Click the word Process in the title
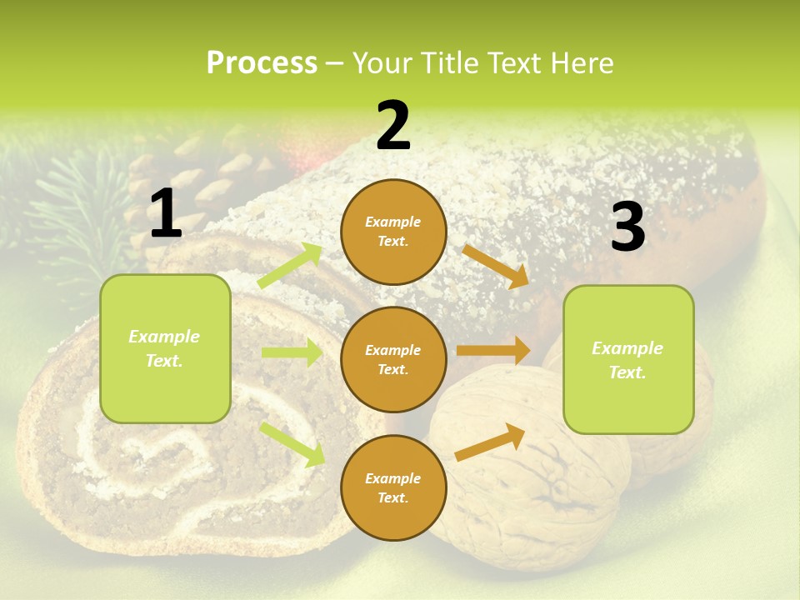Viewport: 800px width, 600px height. tap(262, 63)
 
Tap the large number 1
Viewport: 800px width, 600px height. tap(166, 214)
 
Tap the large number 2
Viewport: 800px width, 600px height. tap(393, 126)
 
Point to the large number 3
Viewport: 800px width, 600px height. tap(627, 227)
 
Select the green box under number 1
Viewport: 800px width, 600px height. tap(165, 348)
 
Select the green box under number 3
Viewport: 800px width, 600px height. tap(628, 359)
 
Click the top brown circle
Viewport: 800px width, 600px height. tap(393, 232)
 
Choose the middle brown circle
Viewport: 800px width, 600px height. tap(393, 359)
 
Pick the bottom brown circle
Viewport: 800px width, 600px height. tap(393, 487)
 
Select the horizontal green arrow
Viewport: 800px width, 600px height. tap(292, 352)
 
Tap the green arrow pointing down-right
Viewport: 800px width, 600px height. tap(292, 443)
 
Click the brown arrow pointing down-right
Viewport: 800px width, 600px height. tap(496, 267)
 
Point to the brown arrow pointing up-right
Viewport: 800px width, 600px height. tap(490, 442)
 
